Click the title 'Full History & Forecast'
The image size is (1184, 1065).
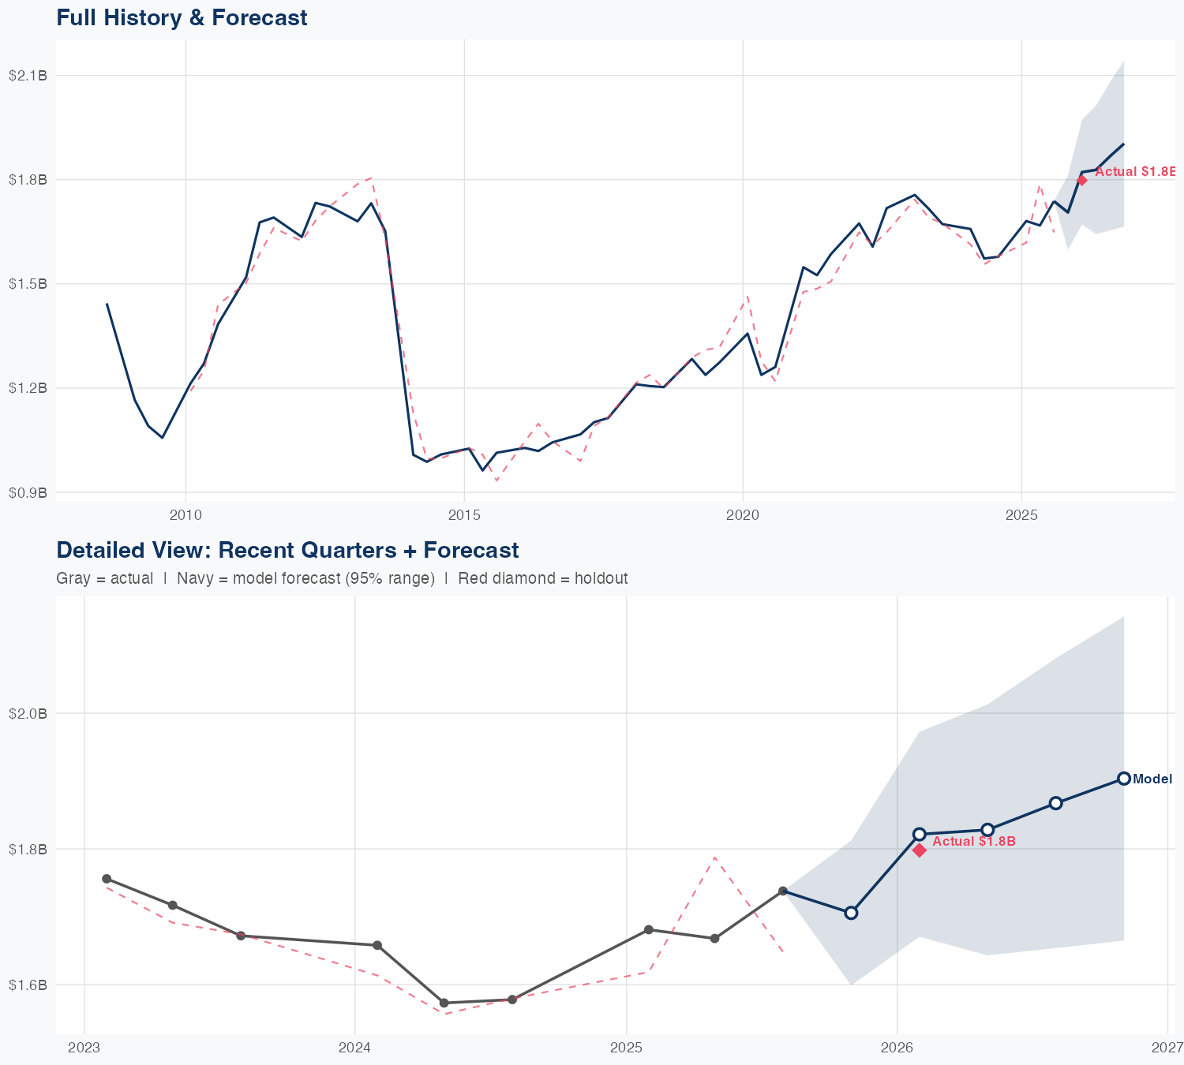(x=182, y=17)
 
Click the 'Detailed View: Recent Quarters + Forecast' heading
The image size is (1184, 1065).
(x=287, y=550)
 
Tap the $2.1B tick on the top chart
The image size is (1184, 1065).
(x=28, y=76)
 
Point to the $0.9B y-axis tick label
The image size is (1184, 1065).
(x=28, y=492)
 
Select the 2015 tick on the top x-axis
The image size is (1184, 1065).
(x=464, y=515)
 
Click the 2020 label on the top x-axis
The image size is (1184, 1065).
(x=743, y=515)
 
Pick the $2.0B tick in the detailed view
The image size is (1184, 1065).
(x=28, y=713)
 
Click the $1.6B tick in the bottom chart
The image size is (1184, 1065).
(x=28, y=985)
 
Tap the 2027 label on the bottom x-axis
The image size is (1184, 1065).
(x=1167, y=1048)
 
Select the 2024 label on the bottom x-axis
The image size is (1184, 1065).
(x=354, y=1048)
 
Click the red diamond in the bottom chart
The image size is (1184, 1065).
(x=920, y=850)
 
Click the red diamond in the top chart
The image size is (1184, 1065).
(x=1082, y=180)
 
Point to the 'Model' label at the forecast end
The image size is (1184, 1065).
(x=1152, y=779)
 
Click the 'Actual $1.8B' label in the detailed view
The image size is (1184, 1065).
(x=974, y=842)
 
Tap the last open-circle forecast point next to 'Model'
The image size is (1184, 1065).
(x=1124, y=779)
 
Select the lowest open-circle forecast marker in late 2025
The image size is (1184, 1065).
(x=851, y=913)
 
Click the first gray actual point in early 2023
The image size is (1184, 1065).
(x=107, y=879)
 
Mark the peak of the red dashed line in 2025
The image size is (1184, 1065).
(x=714, y=857)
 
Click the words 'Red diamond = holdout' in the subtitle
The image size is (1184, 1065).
(x=543, y=578)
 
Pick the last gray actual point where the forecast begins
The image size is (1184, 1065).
(x=783, y=891)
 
